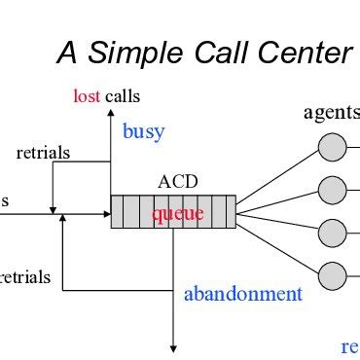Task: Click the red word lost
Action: point(88,95)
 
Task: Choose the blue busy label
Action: point(143,131)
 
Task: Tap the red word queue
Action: point(174,213)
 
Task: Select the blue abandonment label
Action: point(243,294)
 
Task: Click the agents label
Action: point(332,114)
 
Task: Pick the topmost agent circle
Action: point(332,148)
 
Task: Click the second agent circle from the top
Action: point(332,190)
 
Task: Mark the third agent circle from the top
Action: point(332,233)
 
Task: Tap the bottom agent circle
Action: point(332,274)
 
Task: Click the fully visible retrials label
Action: point(42,153)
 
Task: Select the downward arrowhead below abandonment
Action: point(174,345)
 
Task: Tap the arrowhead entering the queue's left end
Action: point(105,211)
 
